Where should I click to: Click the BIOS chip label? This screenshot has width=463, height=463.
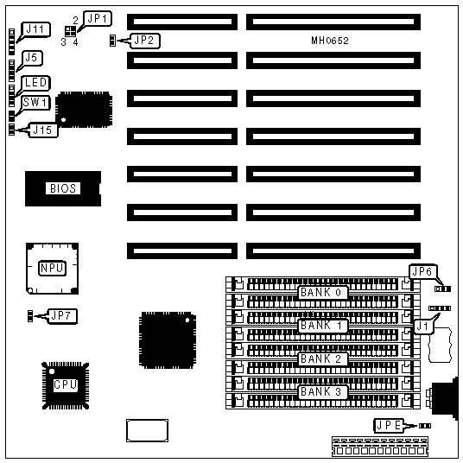[x=63, y=188]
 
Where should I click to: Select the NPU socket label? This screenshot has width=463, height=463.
[x=52, y=268]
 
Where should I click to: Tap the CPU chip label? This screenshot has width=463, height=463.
[x=66, y=384]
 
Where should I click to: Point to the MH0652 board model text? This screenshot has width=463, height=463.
[x=330, y=41]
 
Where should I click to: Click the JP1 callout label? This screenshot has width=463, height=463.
[x=98, y=19]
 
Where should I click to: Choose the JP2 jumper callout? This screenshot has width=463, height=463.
[x=145, y=41]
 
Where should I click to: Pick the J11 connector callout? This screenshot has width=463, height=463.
[x=35, y=30]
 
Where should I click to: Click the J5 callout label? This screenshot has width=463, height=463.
[x=32, y=58]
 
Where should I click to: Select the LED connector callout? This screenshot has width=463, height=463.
[x=35, y=83]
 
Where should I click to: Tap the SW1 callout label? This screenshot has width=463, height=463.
[x=35, y=103]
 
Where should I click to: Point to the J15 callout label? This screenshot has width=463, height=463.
[x=43, y=130]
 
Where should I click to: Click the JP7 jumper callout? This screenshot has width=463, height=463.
[x=61, y=316]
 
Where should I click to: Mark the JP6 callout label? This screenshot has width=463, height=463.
[x=422, y=271]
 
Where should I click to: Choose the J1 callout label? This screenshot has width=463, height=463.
[x=423, y=327]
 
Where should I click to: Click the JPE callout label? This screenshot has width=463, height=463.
[x=389, y=426]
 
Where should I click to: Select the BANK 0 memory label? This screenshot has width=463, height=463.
[x=322, y=293]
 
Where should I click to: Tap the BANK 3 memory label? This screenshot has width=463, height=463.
[x=322, y=392]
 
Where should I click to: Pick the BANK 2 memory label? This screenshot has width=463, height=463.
[x=322, y=358]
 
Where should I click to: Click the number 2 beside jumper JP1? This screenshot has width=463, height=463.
[x=76, y=21]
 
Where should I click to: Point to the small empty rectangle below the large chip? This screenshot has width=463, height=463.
[x=148, y=430]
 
